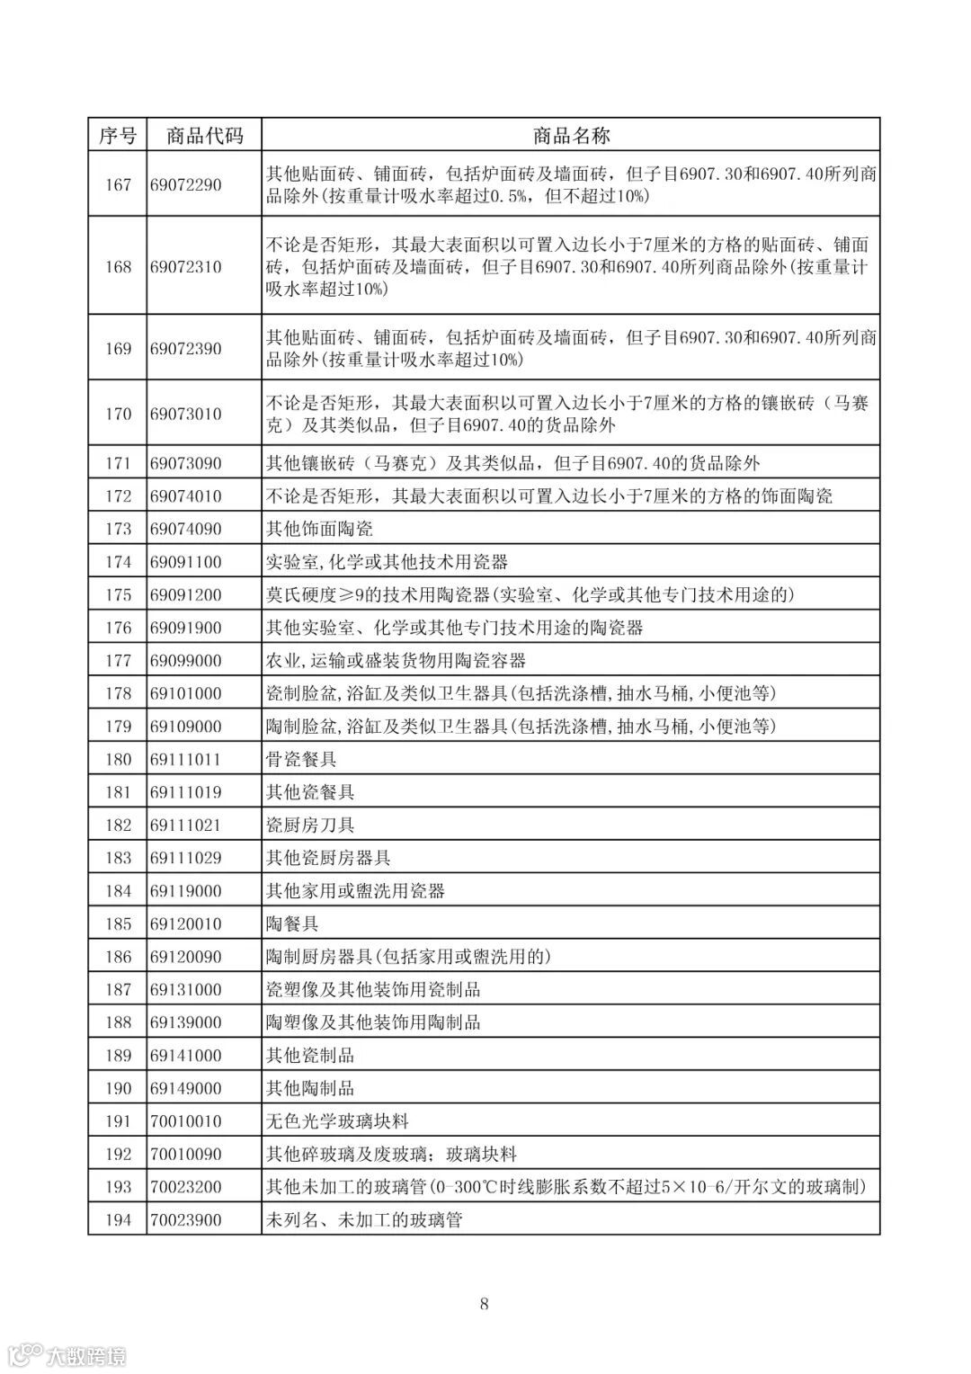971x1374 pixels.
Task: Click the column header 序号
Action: click(118, 136)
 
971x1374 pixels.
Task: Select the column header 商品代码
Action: click(204, 136)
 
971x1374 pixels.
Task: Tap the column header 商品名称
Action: click(570, 136)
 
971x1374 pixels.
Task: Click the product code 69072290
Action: click(185, 184)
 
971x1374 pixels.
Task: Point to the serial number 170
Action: click(118, 414)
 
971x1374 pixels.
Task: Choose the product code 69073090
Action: click(185, 463)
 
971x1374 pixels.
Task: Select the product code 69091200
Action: click(185, 594)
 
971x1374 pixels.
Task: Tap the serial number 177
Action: click(118, 660)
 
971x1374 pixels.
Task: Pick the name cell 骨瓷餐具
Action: click(301, 759)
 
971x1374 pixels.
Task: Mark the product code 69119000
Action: click(185, 890)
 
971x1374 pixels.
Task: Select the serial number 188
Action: click(118, 1022)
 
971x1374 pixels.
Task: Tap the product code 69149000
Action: click(185, 1088)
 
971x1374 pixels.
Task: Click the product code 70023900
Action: click(185, 1219)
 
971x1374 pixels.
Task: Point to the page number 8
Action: click(485, 1304)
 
